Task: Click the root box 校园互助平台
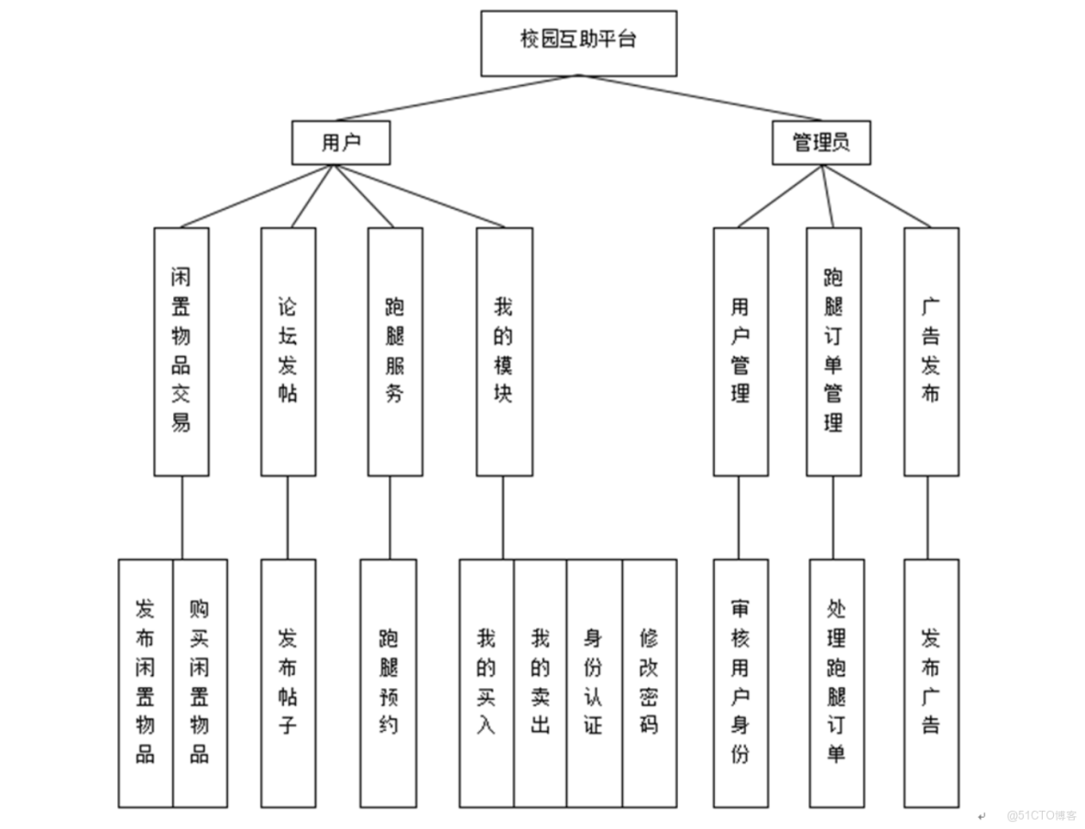pyautogui.click(x=578, y=43)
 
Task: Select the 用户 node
pyautogui.click(x=341, y=143)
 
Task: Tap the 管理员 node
pyautogui.click(x=820, y=143)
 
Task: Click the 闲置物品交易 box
pyautogui.click(x=181, y=352)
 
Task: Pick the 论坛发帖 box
pyautogui.click(x=288, y=352)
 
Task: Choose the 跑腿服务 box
pyautogui.click(x=395, y=352)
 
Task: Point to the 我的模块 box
pyautogui.click(x=504, y=352)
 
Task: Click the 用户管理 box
pyautogui.click(x=740, y=352)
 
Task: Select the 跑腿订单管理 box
pyautogui.click(x=833, y=352)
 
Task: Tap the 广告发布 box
pyautogui.click(x=931, y=352)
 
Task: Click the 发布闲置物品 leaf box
pyautogui.click(x=145, y=682)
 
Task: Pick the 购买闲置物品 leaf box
pyautogui.click(x=200, y=682)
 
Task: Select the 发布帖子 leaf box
pyautogui.click(x=288, y=682)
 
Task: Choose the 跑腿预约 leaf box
pyautogui.click(x=388, y=682)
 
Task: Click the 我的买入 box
pyautogui.click(x=486, y=682)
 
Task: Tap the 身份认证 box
pyautogui.click(x=594, y=682)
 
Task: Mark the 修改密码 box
pyautogui.click(x=650, y=682)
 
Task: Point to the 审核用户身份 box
pyautogui.click(x=740, y=682)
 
